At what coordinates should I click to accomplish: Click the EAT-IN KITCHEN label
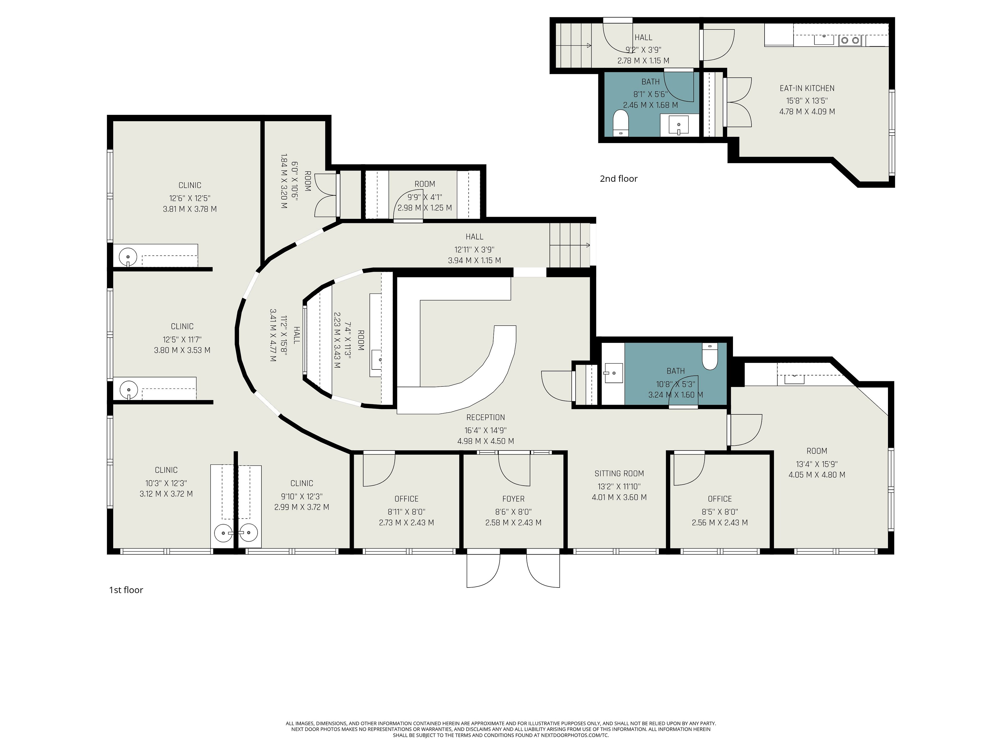(807, 89)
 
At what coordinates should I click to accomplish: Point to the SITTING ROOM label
(619, 474)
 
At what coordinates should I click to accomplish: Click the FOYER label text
(513, 499)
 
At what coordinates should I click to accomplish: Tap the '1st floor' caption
(126, 590)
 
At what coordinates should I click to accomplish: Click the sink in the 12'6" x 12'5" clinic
(128, 257)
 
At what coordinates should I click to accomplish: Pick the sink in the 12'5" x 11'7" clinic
(129, 389)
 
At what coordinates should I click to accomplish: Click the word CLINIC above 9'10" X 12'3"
(302, 484)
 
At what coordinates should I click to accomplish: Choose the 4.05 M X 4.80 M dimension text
(817, 475)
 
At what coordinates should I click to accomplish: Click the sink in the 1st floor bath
(613, 373)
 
